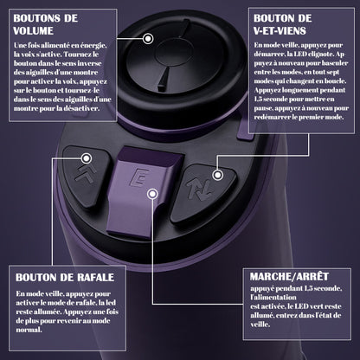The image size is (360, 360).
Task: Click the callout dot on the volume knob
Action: click(x=149, y=39)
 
